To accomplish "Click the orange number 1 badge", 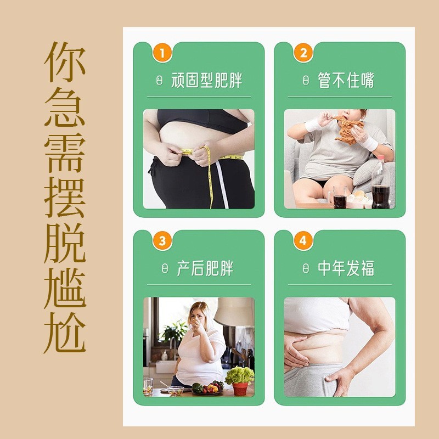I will [x=161, y=53].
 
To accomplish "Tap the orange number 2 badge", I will [x=303, y=53].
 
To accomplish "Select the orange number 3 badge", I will [x=161, y=240].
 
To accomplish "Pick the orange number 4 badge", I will [x=303, y=240].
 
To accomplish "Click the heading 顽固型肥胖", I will [x=206, y=81].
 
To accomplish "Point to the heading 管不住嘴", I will [x=346, y=81].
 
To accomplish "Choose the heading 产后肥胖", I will [x=205, y=269].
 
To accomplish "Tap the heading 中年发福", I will [x=346, y=269].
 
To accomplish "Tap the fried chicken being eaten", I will [x=347, y=130].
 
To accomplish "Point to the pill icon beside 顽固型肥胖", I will [x=160, y=81].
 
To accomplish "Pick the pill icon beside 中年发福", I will [x=306, y=269].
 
